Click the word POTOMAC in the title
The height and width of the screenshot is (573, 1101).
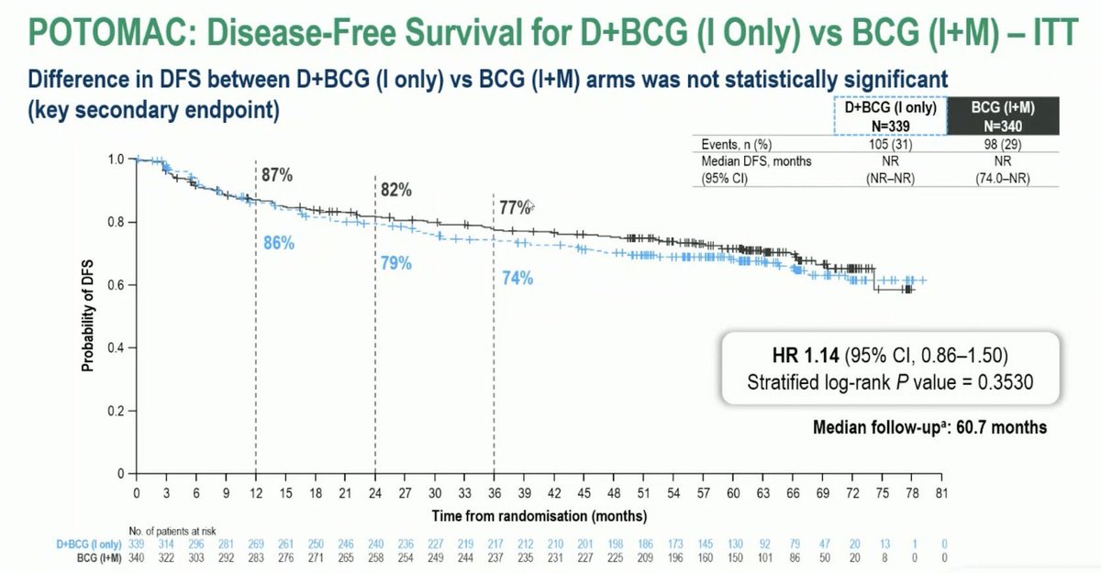click(x=112, y=32)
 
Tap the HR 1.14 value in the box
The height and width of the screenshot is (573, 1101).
click(x=806, y=355)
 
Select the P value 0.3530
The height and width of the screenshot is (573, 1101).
click(x=1006, y=382)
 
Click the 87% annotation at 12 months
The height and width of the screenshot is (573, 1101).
click(x=277, y=174)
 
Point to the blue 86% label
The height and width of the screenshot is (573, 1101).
click(x=279, y=243)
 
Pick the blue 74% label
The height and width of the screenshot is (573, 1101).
click(x=517, y=279)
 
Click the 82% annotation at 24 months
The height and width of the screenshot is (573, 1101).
click(x=396, y=190)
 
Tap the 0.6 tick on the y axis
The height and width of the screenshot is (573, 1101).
click(x=116, y=285)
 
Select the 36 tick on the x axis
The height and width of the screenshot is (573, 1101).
click(x=495, y=493)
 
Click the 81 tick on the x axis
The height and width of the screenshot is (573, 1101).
click(x=941, y=493)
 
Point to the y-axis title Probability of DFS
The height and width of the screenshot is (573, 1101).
click(x=87, y=315)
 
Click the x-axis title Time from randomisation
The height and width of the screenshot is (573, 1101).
click(x=539, y=516)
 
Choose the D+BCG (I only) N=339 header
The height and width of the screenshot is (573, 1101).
click(x=890, y=116)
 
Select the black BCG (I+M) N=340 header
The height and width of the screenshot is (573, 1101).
click(x=1003, y=116)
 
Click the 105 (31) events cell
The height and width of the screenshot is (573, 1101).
click(x=890, y=144)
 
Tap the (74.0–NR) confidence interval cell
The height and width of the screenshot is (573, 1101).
click(x=1003, y=178)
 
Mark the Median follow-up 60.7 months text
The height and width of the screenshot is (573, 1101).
click(x=929, y=427)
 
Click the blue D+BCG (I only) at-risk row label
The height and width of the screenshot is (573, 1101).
click(x=88, y=544)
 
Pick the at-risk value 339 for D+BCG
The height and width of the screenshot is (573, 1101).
click(x=136, y=544)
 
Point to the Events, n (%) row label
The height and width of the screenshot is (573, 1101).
click(x=736, y=144)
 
